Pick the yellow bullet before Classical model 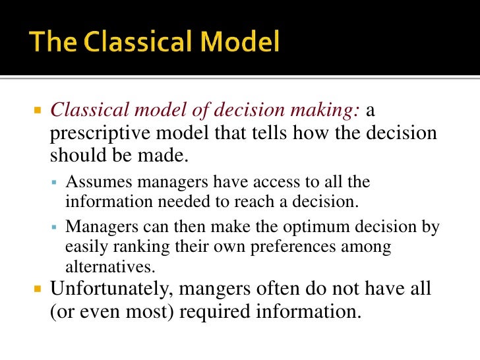click(38, 111)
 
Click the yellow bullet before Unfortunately click(38, 289)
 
